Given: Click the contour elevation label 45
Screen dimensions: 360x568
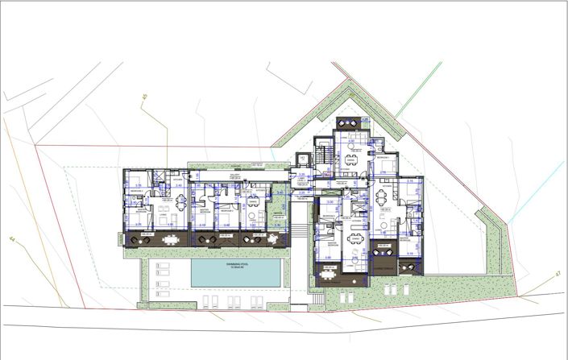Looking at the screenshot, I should [x=146, y=98].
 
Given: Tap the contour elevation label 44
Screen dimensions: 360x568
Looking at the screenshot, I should [x=12, y=239].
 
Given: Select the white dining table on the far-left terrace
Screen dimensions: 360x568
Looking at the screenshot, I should [x=171, y=238].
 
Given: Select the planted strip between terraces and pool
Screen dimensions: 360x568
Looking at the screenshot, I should [x=205, y=253].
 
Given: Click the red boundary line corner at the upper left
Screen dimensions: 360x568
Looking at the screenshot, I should [x=35, y=146].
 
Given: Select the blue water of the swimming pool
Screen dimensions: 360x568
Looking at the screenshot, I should [x=237, y=275].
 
